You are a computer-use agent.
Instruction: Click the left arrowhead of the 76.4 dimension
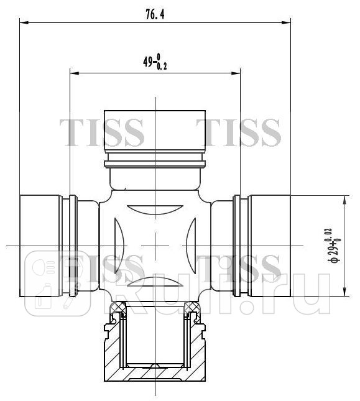(x=24, y=24)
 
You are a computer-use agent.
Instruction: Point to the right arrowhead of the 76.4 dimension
(x=287, y=24)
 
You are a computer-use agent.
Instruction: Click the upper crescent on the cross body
(x=155, y=209)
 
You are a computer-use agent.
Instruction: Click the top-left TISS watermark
(x=102, y=131)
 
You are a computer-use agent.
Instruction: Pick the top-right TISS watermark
(x=239, y=131)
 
